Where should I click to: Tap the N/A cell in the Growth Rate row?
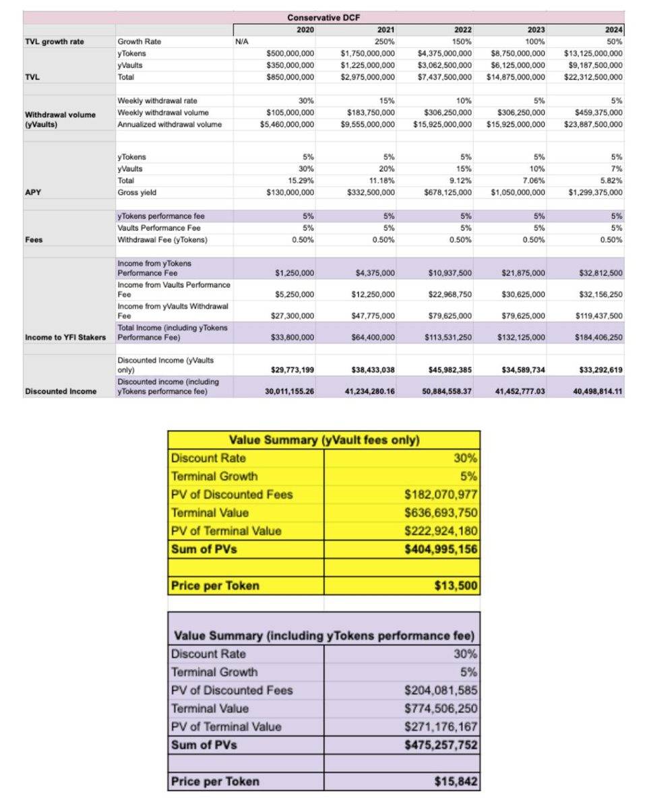243,42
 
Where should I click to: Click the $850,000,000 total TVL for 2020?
290,77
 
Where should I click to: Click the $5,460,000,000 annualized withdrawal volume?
287,124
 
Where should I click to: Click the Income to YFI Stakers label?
65,336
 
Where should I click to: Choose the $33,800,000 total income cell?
295,336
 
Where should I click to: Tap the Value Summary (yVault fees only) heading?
324,440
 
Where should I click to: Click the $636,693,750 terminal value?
441,513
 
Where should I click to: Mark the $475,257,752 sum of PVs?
441,745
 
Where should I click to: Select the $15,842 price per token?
456,782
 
